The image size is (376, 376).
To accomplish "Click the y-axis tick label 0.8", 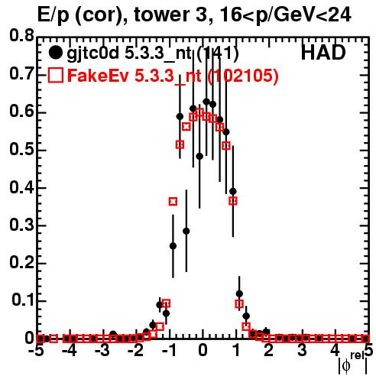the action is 21,36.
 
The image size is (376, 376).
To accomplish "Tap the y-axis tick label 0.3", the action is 21,225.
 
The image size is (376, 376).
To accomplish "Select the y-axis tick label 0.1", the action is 23,300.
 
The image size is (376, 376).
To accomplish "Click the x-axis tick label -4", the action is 70,350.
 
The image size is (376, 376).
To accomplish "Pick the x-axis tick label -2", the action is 136,350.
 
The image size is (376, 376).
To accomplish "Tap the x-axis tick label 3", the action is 303,350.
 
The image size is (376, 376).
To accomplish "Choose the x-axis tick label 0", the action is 203,350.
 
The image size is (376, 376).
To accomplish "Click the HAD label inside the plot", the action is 323,53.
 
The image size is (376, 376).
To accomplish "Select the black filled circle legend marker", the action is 55,53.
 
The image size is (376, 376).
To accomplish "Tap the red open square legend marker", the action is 56,75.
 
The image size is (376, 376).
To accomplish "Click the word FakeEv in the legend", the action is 98,75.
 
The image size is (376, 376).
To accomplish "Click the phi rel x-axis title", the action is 353,363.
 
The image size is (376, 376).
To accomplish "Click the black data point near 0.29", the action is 186,231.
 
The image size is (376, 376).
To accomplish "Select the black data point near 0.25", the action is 173,246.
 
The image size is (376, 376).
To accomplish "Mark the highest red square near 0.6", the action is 199,112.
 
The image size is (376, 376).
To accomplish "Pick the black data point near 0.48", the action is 199,156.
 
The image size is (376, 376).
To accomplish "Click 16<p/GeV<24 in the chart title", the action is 285,15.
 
